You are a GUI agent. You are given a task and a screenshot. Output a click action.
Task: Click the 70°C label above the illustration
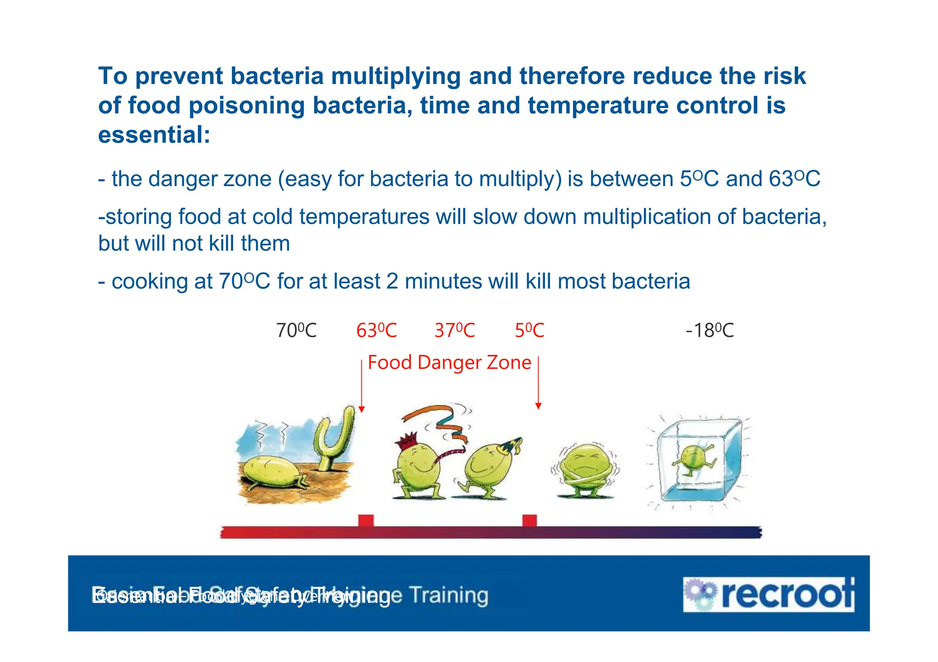(x=296, y=331)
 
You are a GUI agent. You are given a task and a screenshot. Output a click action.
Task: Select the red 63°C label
(x=376, y=331)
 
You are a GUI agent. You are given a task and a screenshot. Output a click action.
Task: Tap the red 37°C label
(x=455, y=331)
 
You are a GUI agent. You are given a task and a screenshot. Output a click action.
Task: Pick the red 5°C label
(x=529, y=331)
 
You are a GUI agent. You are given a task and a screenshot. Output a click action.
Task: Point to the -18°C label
(x=709, y=331)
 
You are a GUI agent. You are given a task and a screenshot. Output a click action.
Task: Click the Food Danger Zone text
(x=449, y=363)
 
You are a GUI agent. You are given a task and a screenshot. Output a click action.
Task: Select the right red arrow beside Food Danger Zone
(x=539, y=383)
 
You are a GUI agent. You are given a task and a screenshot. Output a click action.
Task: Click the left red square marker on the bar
(x=366, y=521)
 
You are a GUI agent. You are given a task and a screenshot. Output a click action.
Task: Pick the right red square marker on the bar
(x=529, y=521)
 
